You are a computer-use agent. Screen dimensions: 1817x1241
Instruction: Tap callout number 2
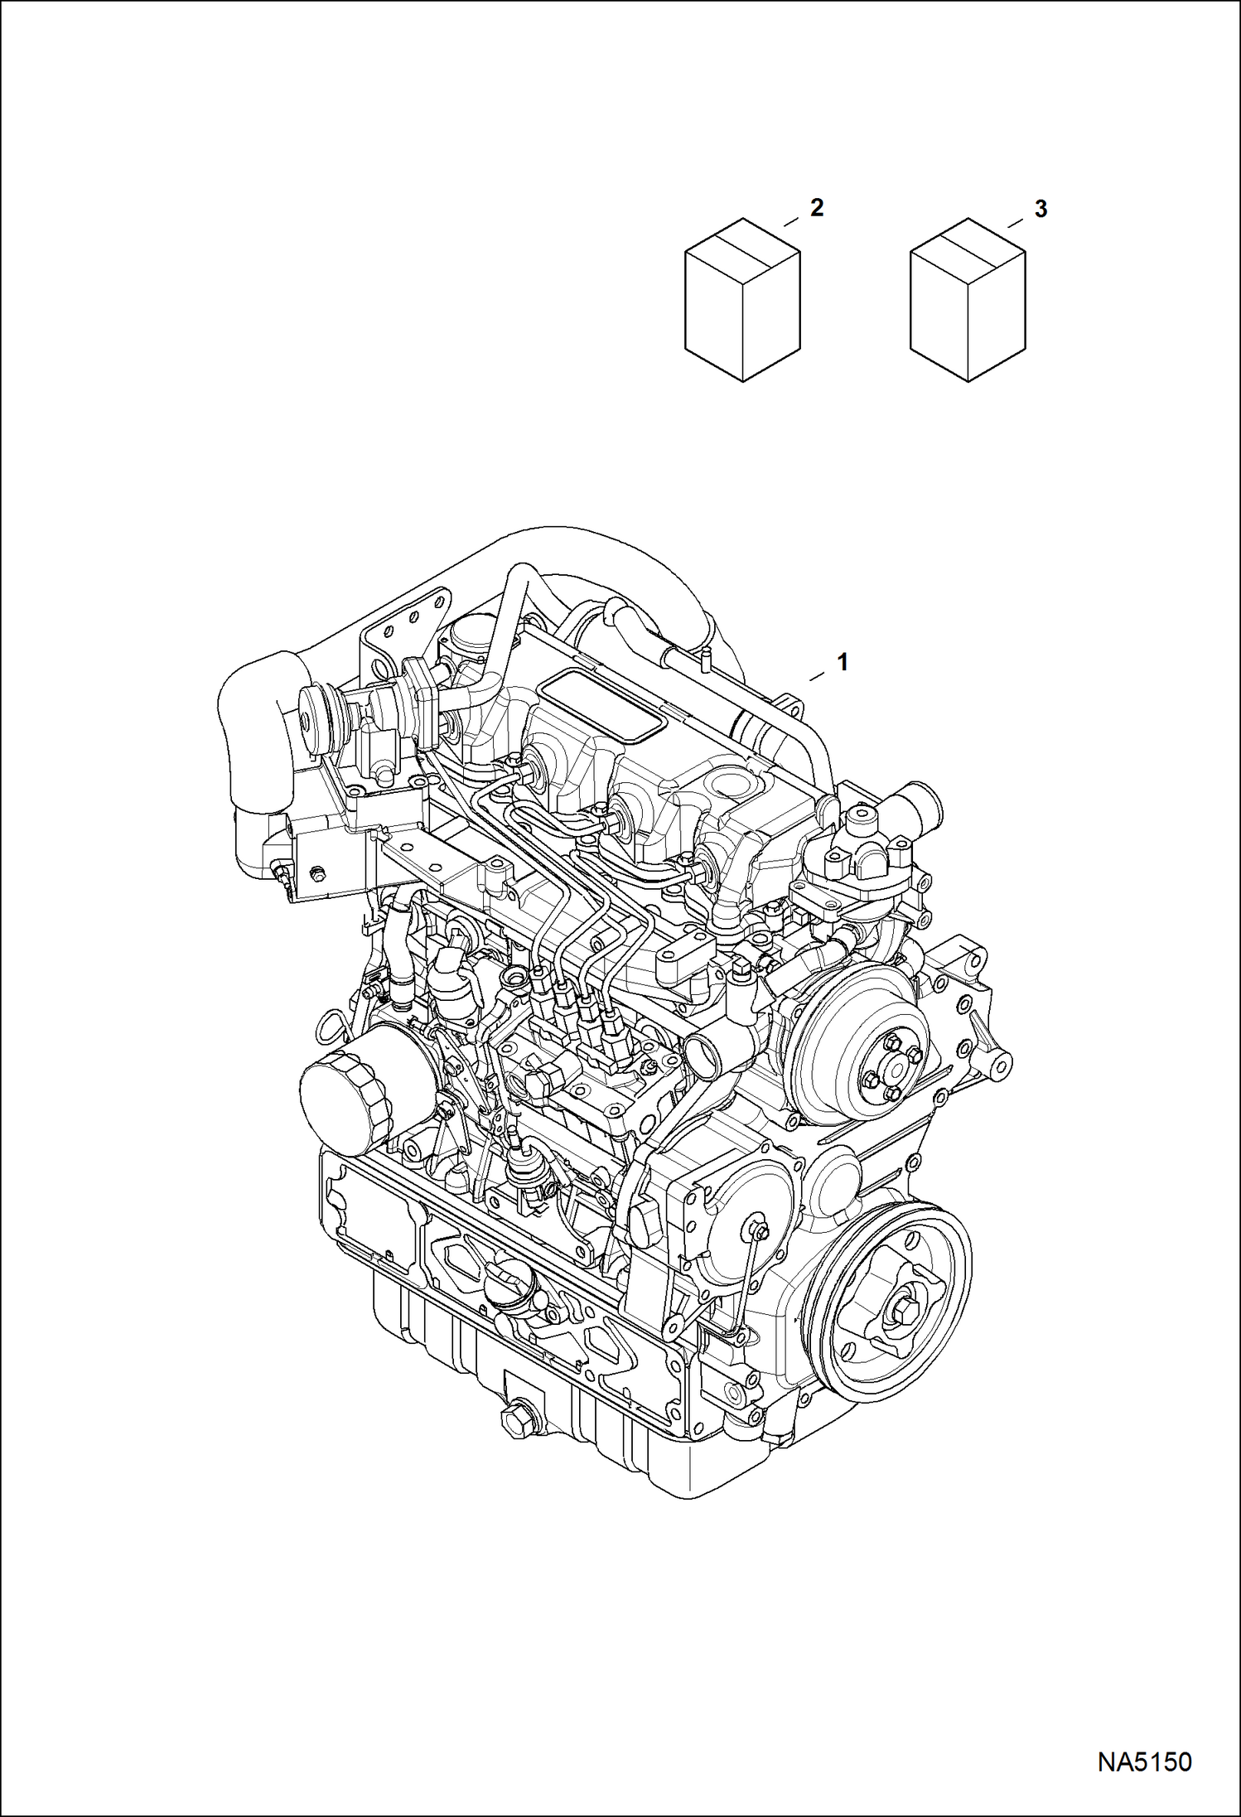(817, 208)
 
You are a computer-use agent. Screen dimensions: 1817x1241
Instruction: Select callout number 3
(1041, 209)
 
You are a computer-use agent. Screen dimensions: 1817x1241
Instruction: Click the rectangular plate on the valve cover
(601, 708)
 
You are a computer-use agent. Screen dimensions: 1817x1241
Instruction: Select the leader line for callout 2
(792, 221)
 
